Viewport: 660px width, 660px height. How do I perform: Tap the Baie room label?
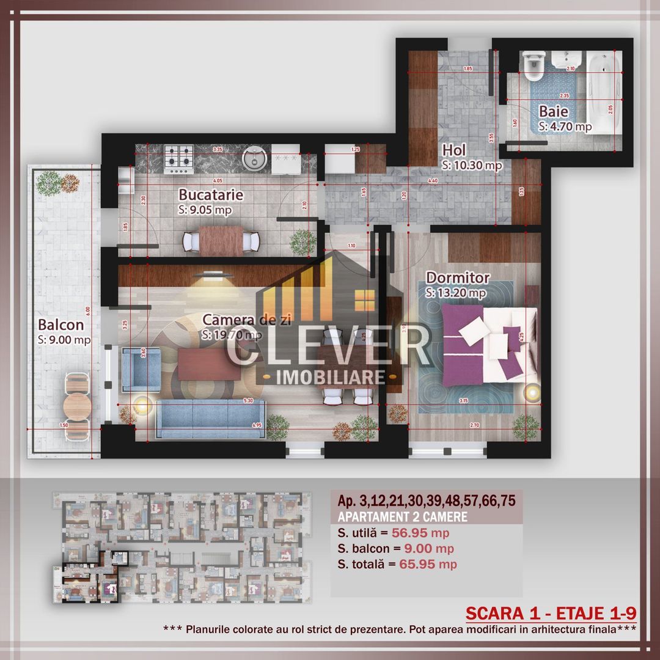click(554, 112)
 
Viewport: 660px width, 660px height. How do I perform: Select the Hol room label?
click(455, 150)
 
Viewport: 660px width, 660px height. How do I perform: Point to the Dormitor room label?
click(458, 277)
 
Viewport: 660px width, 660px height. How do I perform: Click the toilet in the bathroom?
click(533, 67)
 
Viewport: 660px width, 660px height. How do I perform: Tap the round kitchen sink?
click(252, 158)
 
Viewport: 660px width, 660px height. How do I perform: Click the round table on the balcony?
click(78, 403)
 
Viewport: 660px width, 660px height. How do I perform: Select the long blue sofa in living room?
click(210, 419)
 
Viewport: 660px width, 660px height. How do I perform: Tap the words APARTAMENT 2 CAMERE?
click(403, 516)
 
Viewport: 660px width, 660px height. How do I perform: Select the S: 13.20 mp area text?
click(456, 293)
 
